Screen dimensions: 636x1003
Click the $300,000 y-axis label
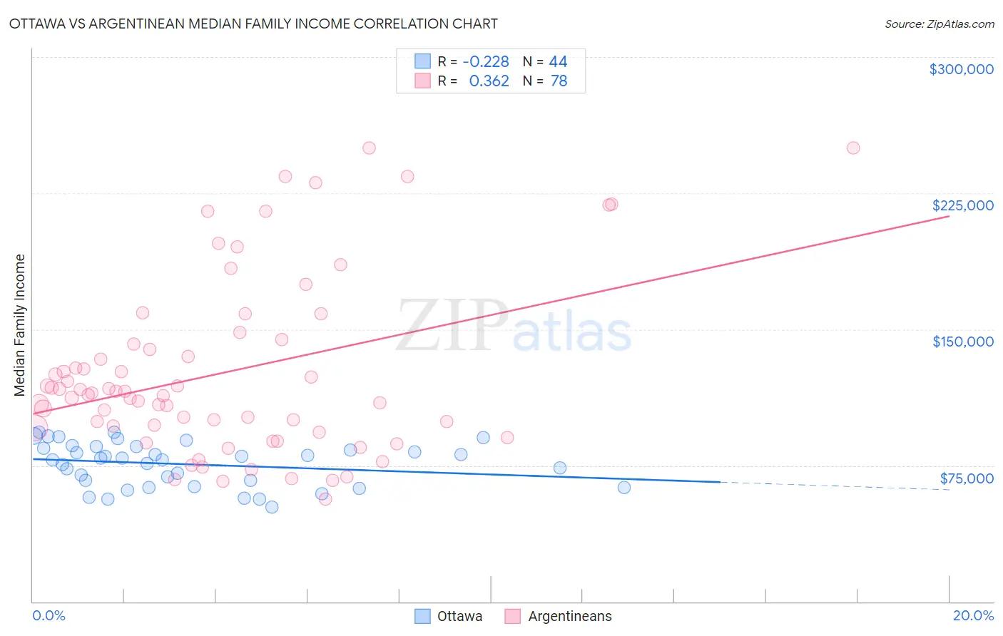point(961,69)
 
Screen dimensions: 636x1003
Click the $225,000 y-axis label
point(962,205)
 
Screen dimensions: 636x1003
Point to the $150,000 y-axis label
point(962,342)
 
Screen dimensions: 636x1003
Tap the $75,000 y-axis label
point(966,478)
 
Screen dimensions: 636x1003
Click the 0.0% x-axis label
point(49,615)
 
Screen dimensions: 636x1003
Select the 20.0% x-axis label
point(973,615)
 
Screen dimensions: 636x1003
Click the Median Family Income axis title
point(20,325)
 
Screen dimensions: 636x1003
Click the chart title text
point(253,24)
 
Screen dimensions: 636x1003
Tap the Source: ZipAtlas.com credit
point(939,24)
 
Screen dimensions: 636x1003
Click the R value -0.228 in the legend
point(486,62)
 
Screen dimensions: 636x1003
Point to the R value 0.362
point(489,81)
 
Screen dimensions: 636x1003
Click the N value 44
point(558,62)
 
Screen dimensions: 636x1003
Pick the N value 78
point(559,81)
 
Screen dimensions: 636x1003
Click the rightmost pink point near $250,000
point(852,148)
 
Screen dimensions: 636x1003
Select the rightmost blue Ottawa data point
point(623,488)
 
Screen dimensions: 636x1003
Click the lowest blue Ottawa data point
point(271,507)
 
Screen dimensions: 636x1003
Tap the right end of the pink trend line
point(949,215)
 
